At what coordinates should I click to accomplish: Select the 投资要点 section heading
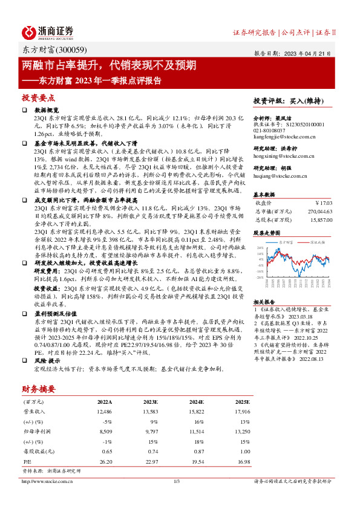39,97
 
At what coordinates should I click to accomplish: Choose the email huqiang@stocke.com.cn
278,177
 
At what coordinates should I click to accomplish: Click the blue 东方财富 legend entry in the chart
287,241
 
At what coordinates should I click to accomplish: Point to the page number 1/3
177,481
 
